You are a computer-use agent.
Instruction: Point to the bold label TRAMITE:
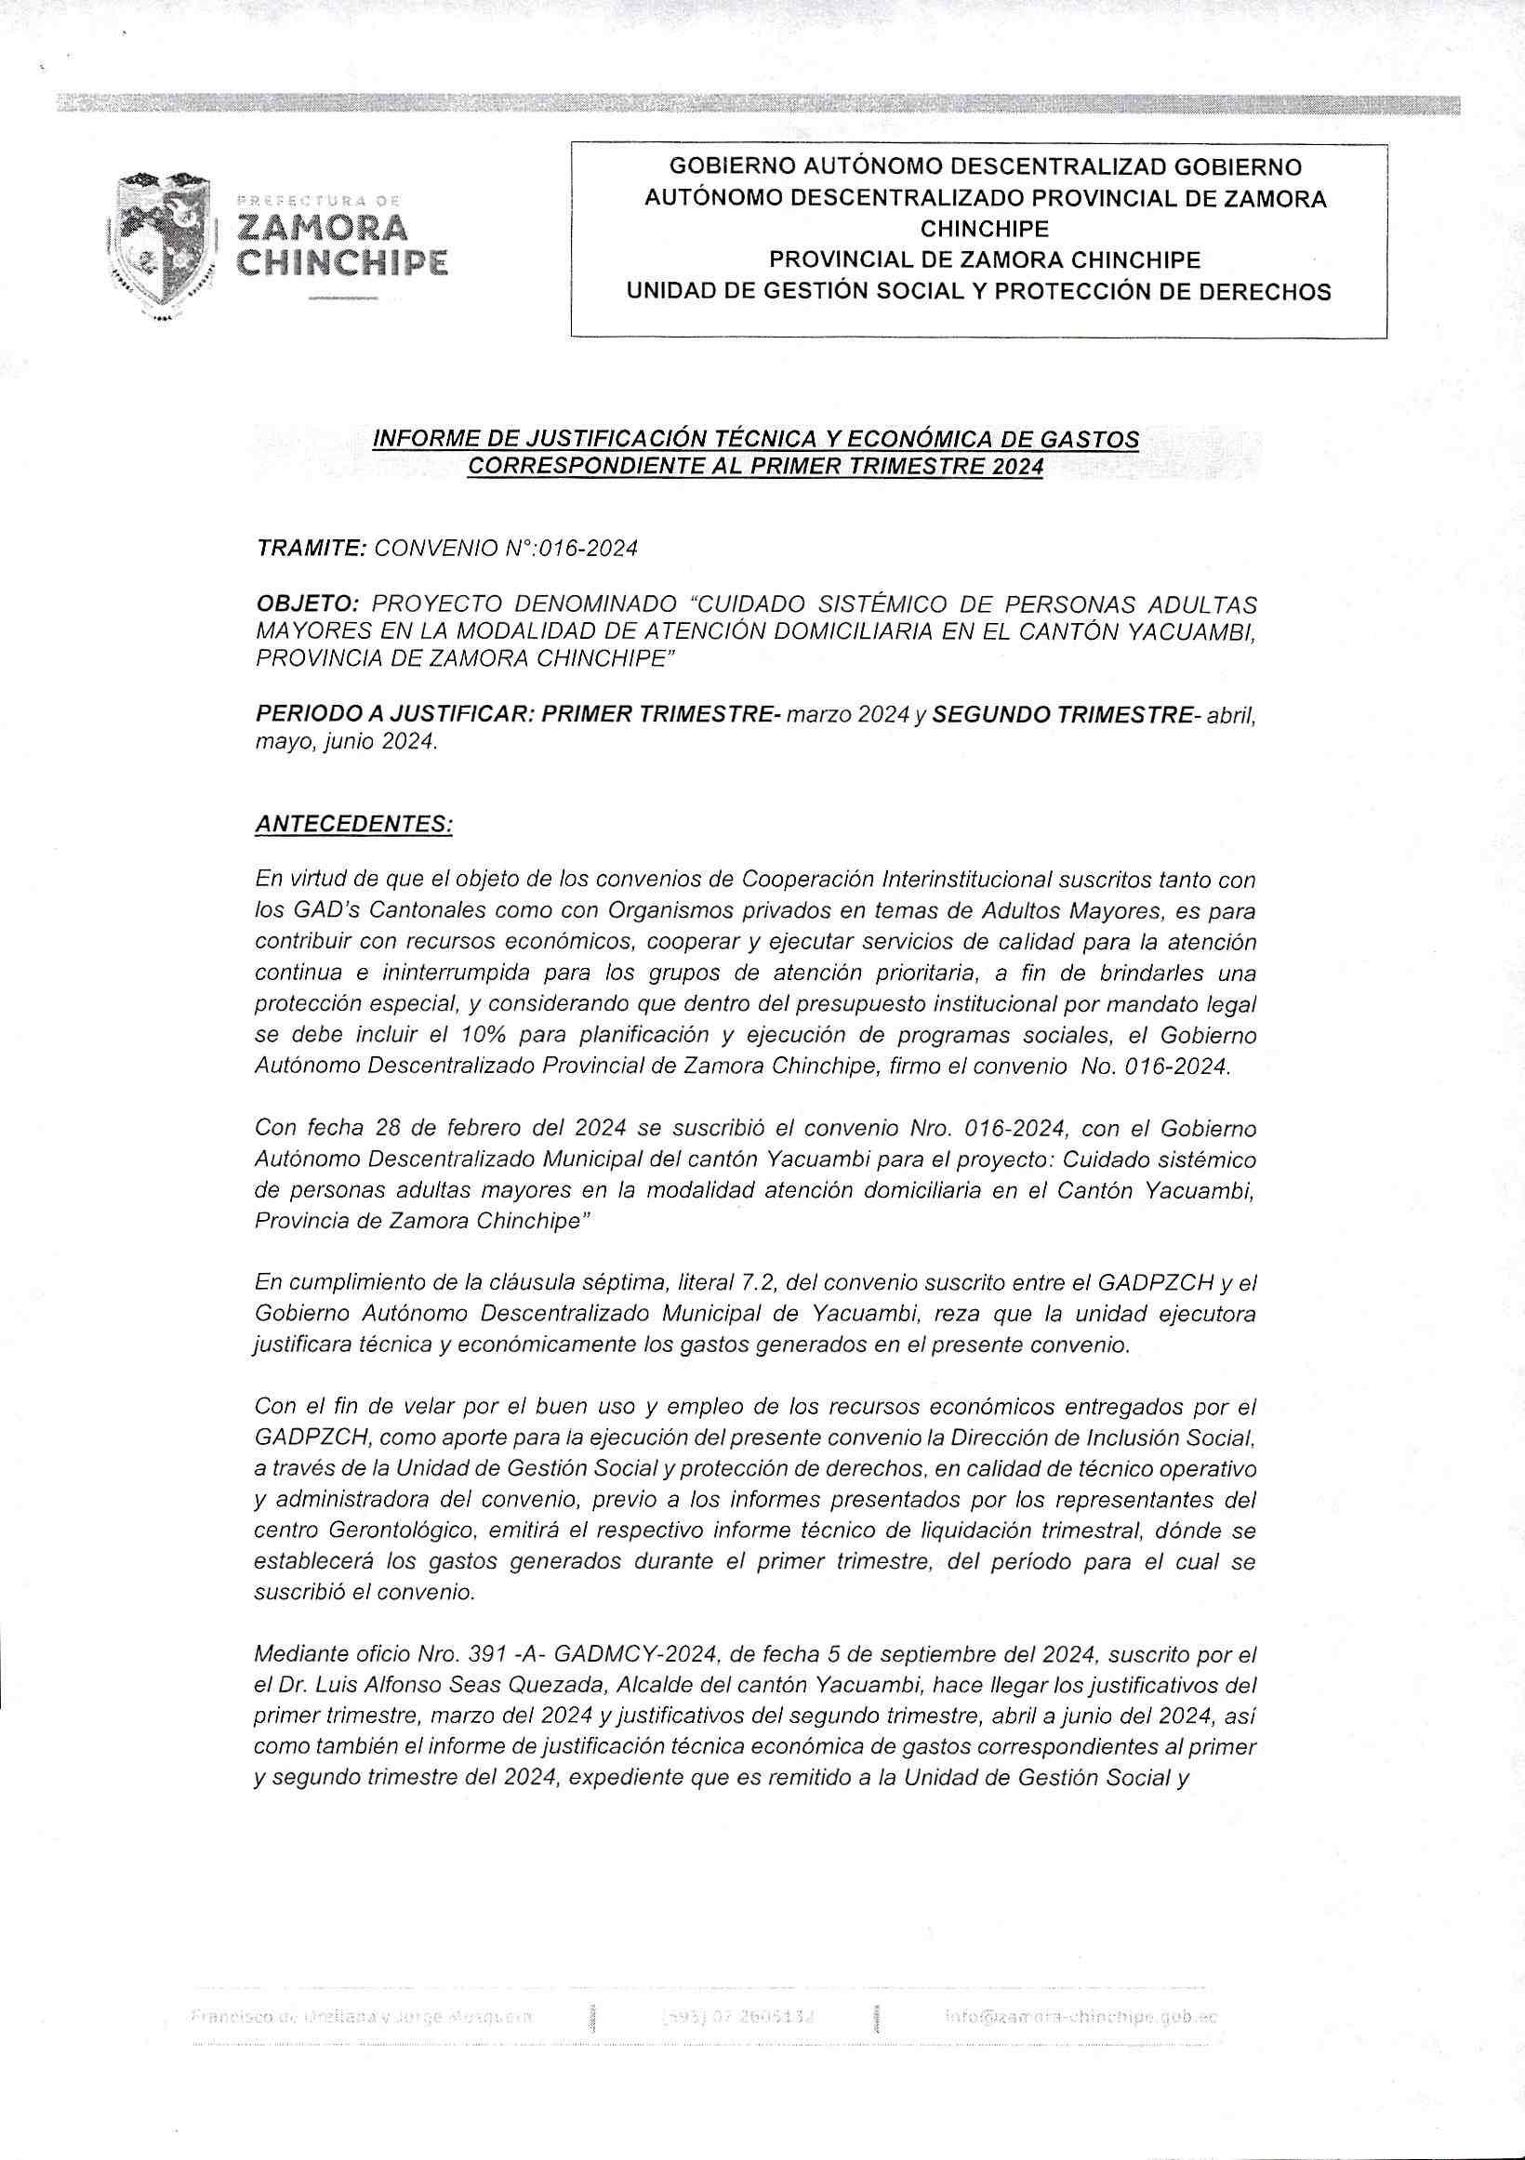coord(311,549)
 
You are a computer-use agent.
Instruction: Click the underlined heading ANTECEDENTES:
coord(353,824)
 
